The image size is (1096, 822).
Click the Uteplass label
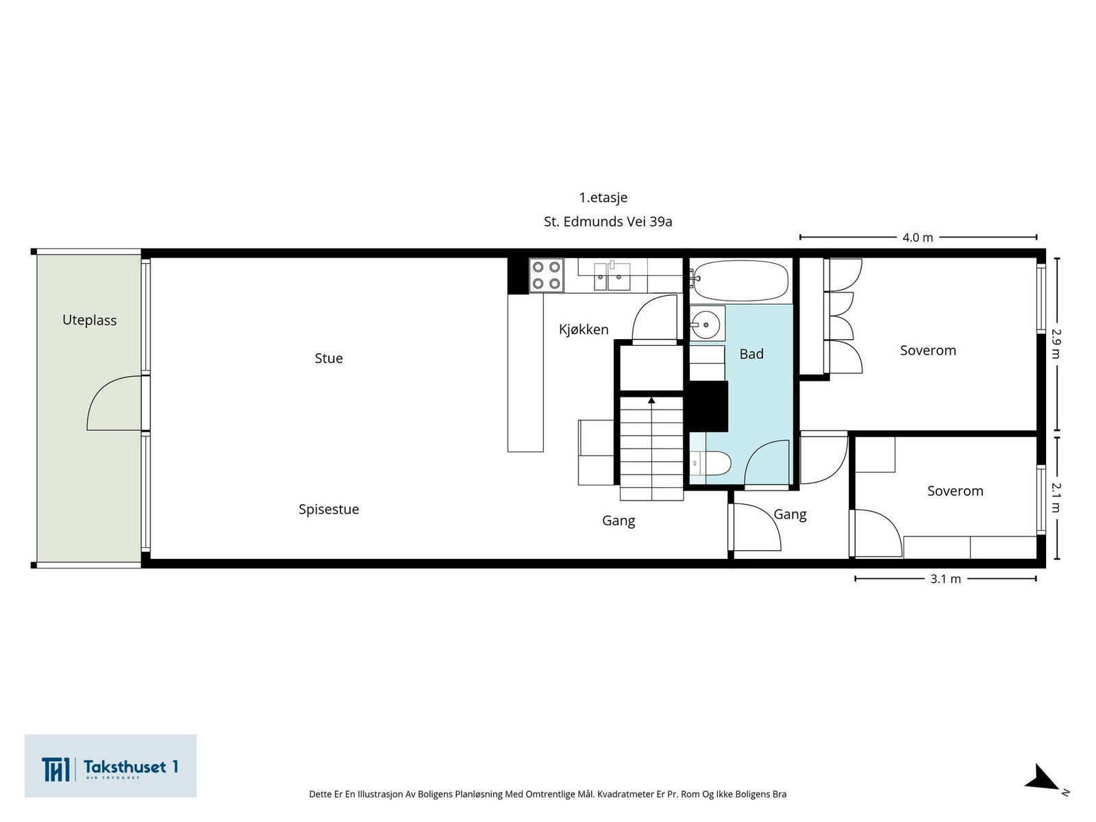[x=89, y=320]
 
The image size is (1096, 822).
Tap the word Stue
[x=328, y=358]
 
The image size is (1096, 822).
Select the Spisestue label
[x=328, y=509]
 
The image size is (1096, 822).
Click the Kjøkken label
[x=583, y=329]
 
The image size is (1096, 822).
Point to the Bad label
[x=751, y=354]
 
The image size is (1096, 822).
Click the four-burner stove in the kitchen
[x=546, y=275]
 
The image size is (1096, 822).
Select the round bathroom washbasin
[x=705, y=323]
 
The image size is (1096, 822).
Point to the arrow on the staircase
[x=651, y=400]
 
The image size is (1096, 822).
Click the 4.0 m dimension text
[x=917, y=238]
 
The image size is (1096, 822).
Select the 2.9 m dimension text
[x=1056, y=344]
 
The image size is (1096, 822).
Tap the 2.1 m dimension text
[x=1056, y=497]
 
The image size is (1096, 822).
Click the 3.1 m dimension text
[x=945, y=579]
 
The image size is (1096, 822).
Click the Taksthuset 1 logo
[x=110, y=766]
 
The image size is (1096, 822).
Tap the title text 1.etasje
[x=603, y=197]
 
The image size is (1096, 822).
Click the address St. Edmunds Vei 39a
[x=608, y=222]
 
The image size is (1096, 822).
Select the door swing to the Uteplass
[x=113, y=404]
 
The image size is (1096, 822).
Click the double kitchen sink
[x=612, y=277]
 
